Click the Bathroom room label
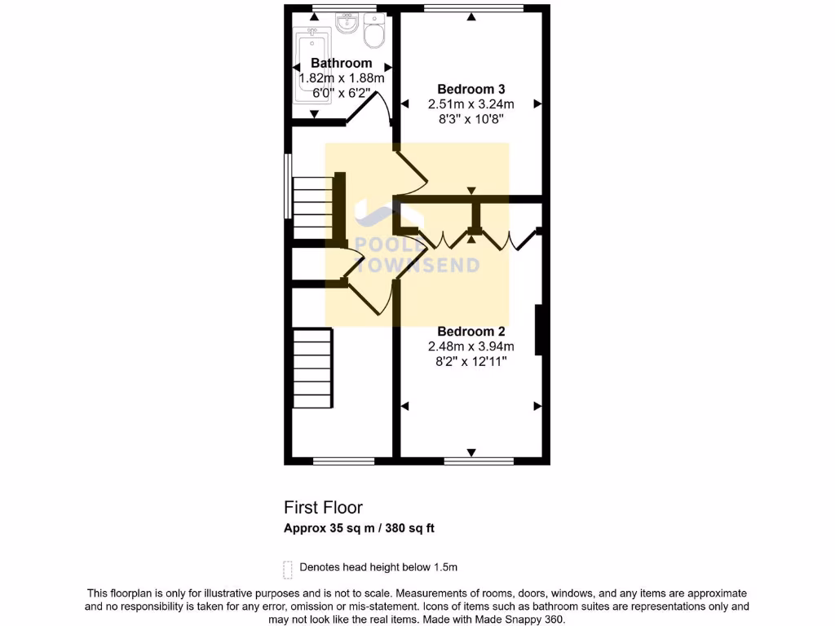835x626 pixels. pos(341,63)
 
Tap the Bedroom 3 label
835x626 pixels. pos(471,89)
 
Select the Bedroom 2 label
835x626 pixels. pos(471,331)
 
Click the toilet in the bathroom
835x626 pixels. pos(375,33)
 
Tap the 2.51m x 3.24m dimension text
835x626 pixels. pos(471,104)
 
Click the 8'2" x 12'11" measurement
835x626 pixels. pos(471,360)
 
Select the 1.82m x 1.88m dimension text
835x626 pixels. pos(341,78)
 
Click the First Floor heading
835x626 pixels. pos(323,508)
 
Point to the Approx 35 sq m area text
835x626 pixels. pos(359,528)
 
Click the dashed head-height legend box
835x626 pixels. pos(287,567)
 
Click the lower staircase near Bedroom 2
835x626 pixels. pos(313,368)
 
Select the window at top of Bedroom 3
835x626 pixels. pos(474,9)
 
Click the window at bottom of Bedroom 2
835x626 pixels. pos(479,461)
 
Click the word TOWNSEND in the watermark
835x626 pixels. pos(417,266)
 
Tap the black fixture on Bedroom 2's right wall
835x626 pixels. pos(538,330)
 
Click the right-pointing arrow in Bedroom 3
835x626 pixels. pos(537,104)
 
